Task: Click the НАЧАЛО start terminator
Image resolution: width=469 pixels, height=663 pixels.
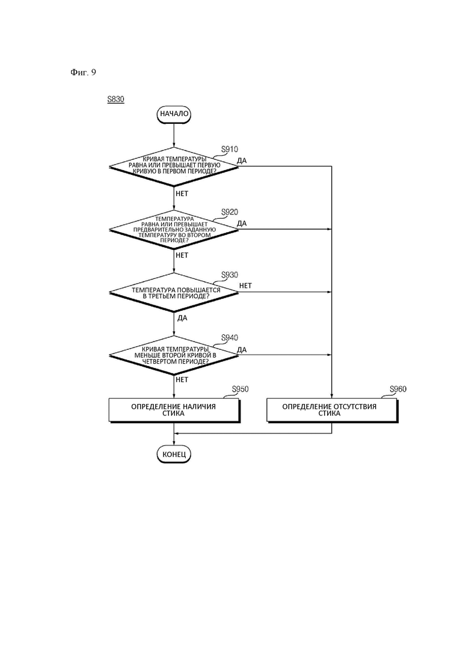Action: [174, 114]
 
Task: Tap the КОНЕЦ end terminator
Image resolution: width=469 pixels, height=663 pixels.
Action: [174, 454]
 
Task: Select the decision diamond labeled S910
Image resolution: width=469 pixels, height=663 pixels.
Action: [174, 166]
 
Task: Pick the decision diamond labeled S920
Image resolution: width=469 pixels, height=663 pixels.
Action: [174, 229]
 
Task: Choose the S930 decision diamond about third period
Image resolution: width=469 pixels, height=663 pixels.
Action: [174, 292]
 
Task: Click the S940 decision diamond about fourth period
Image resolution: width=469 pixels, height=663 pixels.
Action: [174, 355]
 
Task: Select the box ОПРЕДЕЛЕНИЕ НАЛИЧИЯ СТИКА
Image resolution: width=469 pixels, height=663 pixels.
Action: [174, 410]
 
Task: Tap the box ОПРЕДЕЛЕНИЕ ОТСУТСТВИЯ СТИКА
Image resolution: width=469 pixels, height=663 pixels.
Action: [333, 410]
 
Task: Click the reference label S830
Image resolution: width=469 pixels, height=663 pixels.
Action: [116, 99]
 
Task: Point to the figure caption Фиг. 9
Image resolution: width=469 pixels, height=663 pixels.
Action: [84, 72]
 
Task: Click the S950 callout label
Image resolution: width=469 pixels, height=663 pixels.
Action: [240, 389]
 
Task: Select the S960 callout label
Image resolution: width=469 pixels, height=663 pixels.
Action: [398, 389]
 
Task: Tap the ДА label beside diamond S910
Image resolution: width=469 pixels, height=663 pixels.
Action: [242, 160]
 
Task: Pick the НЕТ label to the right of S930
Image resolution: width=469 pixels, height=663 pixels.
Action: [245, 286]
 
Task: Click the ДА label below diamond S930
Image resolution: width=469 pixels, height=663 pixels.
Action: [182, 318]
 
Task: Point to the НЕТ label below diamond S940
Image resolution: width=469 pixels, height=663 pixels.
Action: [182, 380]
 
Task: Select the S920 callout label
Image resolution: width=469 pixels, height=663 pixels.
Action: [230, 212]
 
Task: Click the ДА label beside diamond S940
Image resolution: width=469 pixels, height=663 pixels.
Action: [242, 350]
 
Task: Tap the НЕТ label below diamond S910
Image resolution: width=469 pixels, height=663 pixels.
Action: [182, 194]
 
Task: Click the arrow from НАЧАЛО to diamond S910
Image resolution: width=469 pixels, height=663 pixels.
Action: [174, 135]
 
